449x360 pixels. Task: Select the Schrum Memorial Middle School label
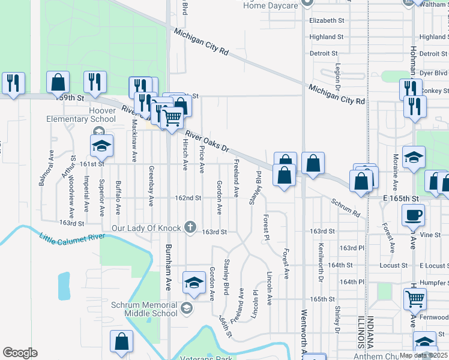[144, 308]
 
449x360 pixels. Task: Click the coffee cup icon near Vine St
[414, 215]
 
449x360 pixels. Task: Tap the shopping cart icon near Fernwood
[415, 299]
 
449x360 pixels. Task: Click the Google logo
[20, 353]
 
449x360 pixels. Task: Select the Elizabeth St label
[327, 20]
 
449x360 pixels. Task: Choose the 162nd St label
[187, 198]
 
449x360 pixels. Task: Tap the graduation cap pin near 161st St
[101, 145]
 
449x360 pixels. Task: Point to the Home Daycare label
[271, 5]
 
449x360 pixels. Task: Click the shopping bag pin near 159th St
[58, 82]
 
